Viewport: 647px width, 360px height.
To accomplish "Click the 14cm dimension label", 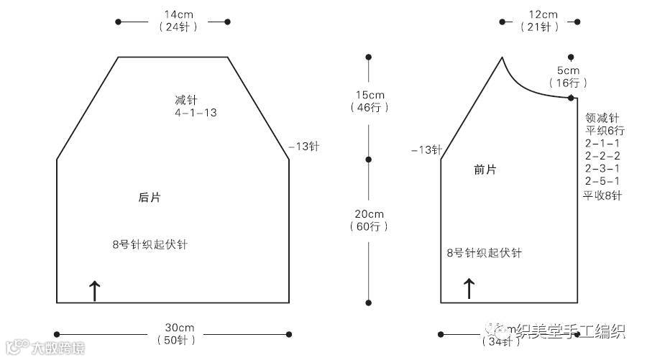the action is tap(173, 14).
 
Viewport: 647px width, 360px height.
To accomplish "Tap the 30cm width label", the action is tap(173, 328).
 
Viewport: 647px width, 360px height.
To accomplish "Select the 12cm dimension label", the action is tap(543, 14).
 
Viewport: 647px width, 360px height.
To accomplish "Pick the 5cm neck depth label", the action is tap(568, 70).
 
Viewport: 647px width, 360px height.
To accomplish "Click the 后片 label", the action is tap(149, 197).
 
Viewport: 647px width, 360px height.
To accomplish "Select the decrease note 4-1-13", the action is tap(195, 113).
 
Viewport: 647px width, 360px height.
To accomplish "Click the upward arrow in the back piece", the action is tap(94, 290).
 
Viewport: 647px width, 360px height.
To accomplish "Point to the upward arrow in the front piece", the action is tap(469, 289).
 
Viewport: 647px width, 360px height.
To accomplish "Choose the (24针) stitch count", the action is tap(173, 27).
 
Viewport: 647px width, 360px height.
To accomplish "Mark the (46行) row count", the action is tap(370, 108).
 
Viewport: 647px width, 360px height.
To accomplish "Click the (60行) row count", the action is tap(370, 226).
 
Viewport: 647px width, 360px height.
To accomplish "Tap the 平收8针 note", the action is tap(602, 195).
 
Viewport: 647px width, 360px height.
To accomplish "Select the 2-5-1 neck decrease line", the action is tap(602, 181).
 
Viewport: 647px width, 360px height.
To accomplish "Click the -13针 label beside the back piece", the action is tap(303, 146).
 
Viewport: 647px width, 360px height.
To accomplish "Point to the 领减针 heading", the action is tap(602, 117).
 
